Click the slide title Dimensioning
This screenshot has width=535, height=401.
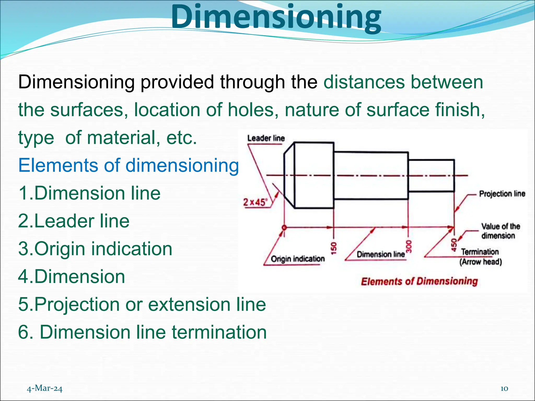(276, 18)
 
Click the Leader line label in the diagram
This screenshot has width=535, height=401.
(266, 138)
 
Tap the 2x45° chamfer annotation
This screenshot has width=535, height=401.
(255, 202)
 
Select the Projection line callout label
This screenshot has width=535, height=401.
(502, 194)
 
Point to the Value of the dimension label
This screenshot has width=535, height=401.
(500, 231)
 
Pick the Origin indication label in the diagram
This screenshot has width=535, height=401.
(298, 259)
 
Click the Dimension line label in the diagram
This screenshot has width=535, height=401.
(380, 254)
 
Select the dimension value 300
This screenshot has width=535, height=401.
(409, 246)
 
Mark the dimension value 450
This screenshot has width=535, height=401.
(454, 245)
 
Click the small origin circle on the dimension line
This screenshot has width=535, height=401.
(284, 227)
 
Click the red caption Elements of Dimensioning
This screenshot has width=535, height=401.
(419, 281)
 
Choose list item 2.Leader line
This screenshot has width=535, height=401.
(74, 221)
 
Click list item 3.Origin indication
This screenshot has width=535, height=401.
(95, 249)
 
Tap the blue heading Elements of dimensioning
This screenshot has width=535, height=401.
(129, 166)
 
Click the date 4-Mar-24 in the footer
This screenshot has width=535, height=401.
(45, 388)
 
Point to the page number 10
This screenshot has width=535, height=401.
(504, 388)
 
